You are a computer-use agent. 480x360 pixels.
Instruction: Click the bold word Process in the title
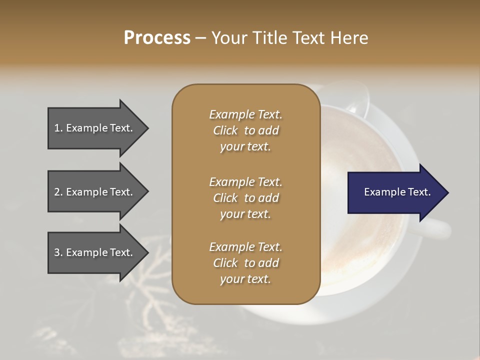coord(157,37)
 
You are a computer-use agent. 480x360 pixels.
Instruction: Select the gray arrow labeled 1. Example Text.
coord(95,128)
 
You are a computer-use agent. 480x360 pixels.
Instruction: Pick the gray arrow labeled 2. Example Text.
coord(95,192)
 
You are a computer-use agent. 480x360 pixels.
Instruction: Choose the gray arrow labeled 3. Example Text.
coord(95,252)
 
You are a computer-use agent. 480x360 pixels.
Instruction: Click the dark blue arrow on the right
coord(395,192)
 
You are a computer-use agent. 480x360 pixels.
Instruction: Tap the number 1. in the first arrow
coord(58,128)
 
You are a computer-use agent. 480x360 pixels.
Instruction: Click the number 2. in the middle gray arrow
coord(58,192)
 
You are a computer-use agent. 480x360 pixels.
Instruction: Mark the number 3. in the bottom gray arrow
coord(58,252)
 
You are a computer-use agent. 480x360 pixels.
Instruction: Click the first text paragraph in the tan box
coord(245,130)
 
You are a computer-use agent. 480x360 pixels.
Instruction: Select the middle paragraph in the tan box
coord(245,197)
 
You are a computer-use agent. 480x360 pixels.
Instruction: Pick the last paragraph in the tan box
coord(245,263)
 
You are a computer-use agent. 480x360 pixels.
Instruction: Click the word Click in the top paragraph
coord(225,130)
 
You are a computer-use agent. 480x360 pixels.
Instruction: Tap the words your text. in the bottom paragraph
coord(245,279)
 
